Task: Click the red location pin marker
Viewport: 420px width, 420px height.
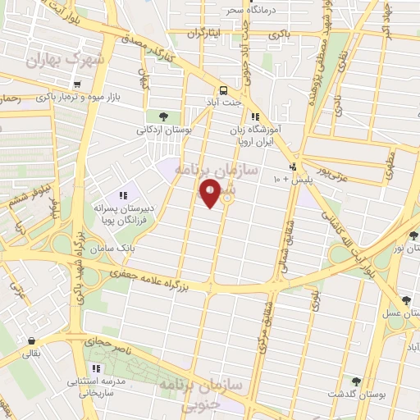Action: (x=211, y=194)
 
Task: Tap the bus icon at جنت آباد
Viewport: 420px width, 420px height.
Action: (x=222, y=91)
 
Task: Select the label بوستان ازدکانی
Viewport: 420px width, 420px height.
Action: (x=163, y=129)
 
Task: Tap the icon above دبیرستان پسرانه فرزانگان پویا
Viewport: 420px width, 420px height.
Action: (x=123, y=195)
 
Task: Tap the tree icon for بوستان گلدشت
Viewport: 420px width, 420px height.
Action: (x=356, y=381)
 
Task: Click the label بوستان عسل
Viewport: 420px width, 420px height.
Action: (x=394, y=314)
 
